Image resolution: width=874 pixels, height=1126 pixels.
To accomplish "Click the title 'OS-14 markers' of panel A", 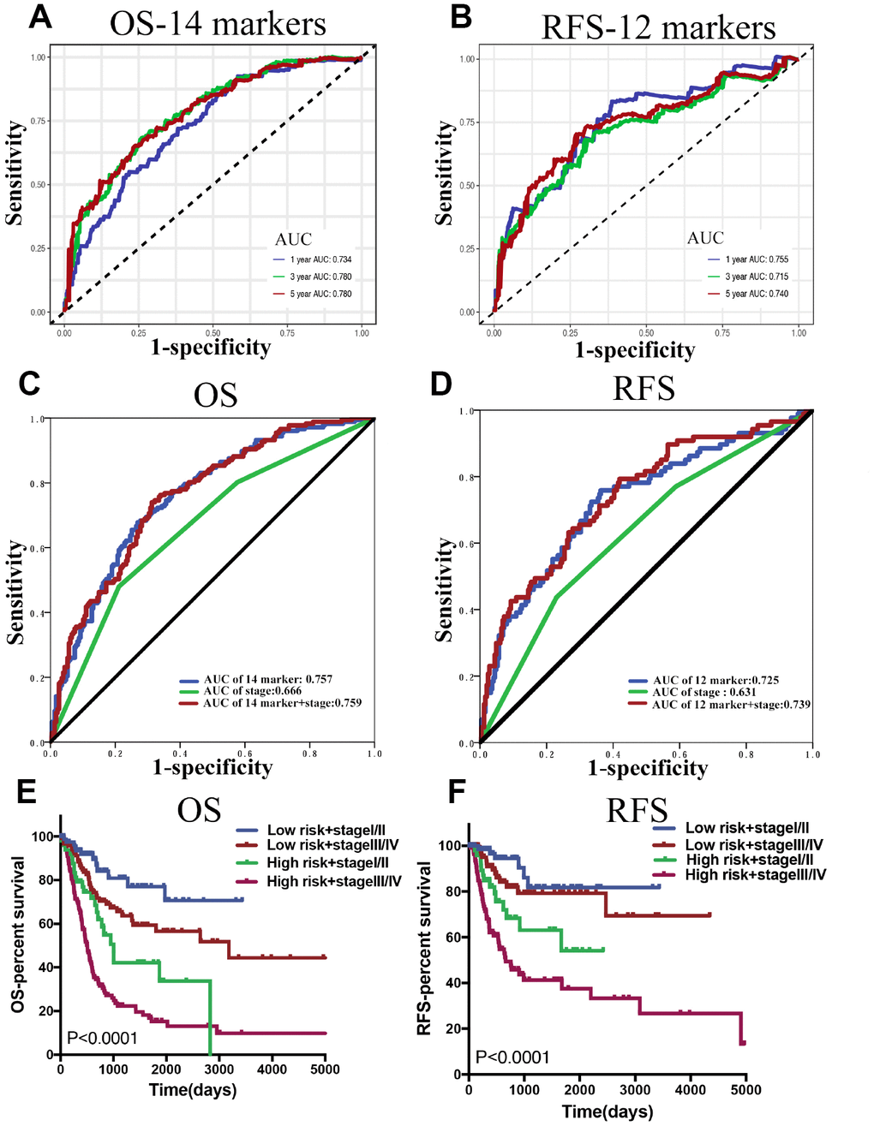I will click(218, 24).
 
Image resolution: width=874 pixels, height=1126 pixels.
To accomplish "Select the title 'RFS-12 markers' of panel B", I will click(658, 27).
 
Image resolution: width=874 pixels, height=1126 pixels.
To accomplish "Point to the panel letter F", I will click(458, 790).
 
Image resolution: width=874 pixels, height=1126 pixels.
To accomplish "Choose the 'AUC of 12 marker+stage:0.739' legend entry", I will click(731, 705).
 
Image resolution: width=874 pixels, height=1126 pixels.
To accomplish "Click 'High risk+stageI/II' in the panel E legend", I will click(328, 863).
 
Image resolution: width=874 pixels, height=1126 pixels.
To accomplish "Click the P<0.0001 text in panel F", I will click(512, 1057).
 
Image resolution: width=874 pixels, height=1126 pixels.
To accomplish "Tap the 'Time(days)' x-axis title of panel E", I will click(193, 1090).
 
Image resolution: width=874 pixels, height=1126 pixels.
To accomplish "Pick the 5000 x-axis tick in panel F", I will click(745, 1090).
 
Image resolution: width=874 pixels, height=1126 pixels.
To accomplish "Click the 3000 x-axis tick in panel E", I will click(219, 1069).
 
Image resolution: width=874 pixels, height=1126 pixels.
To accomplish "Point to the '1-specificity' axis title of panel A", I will click(211, 348).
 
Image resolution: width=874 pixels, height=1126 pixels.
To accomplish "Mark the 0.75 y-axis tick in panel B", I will click(468, 122).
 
